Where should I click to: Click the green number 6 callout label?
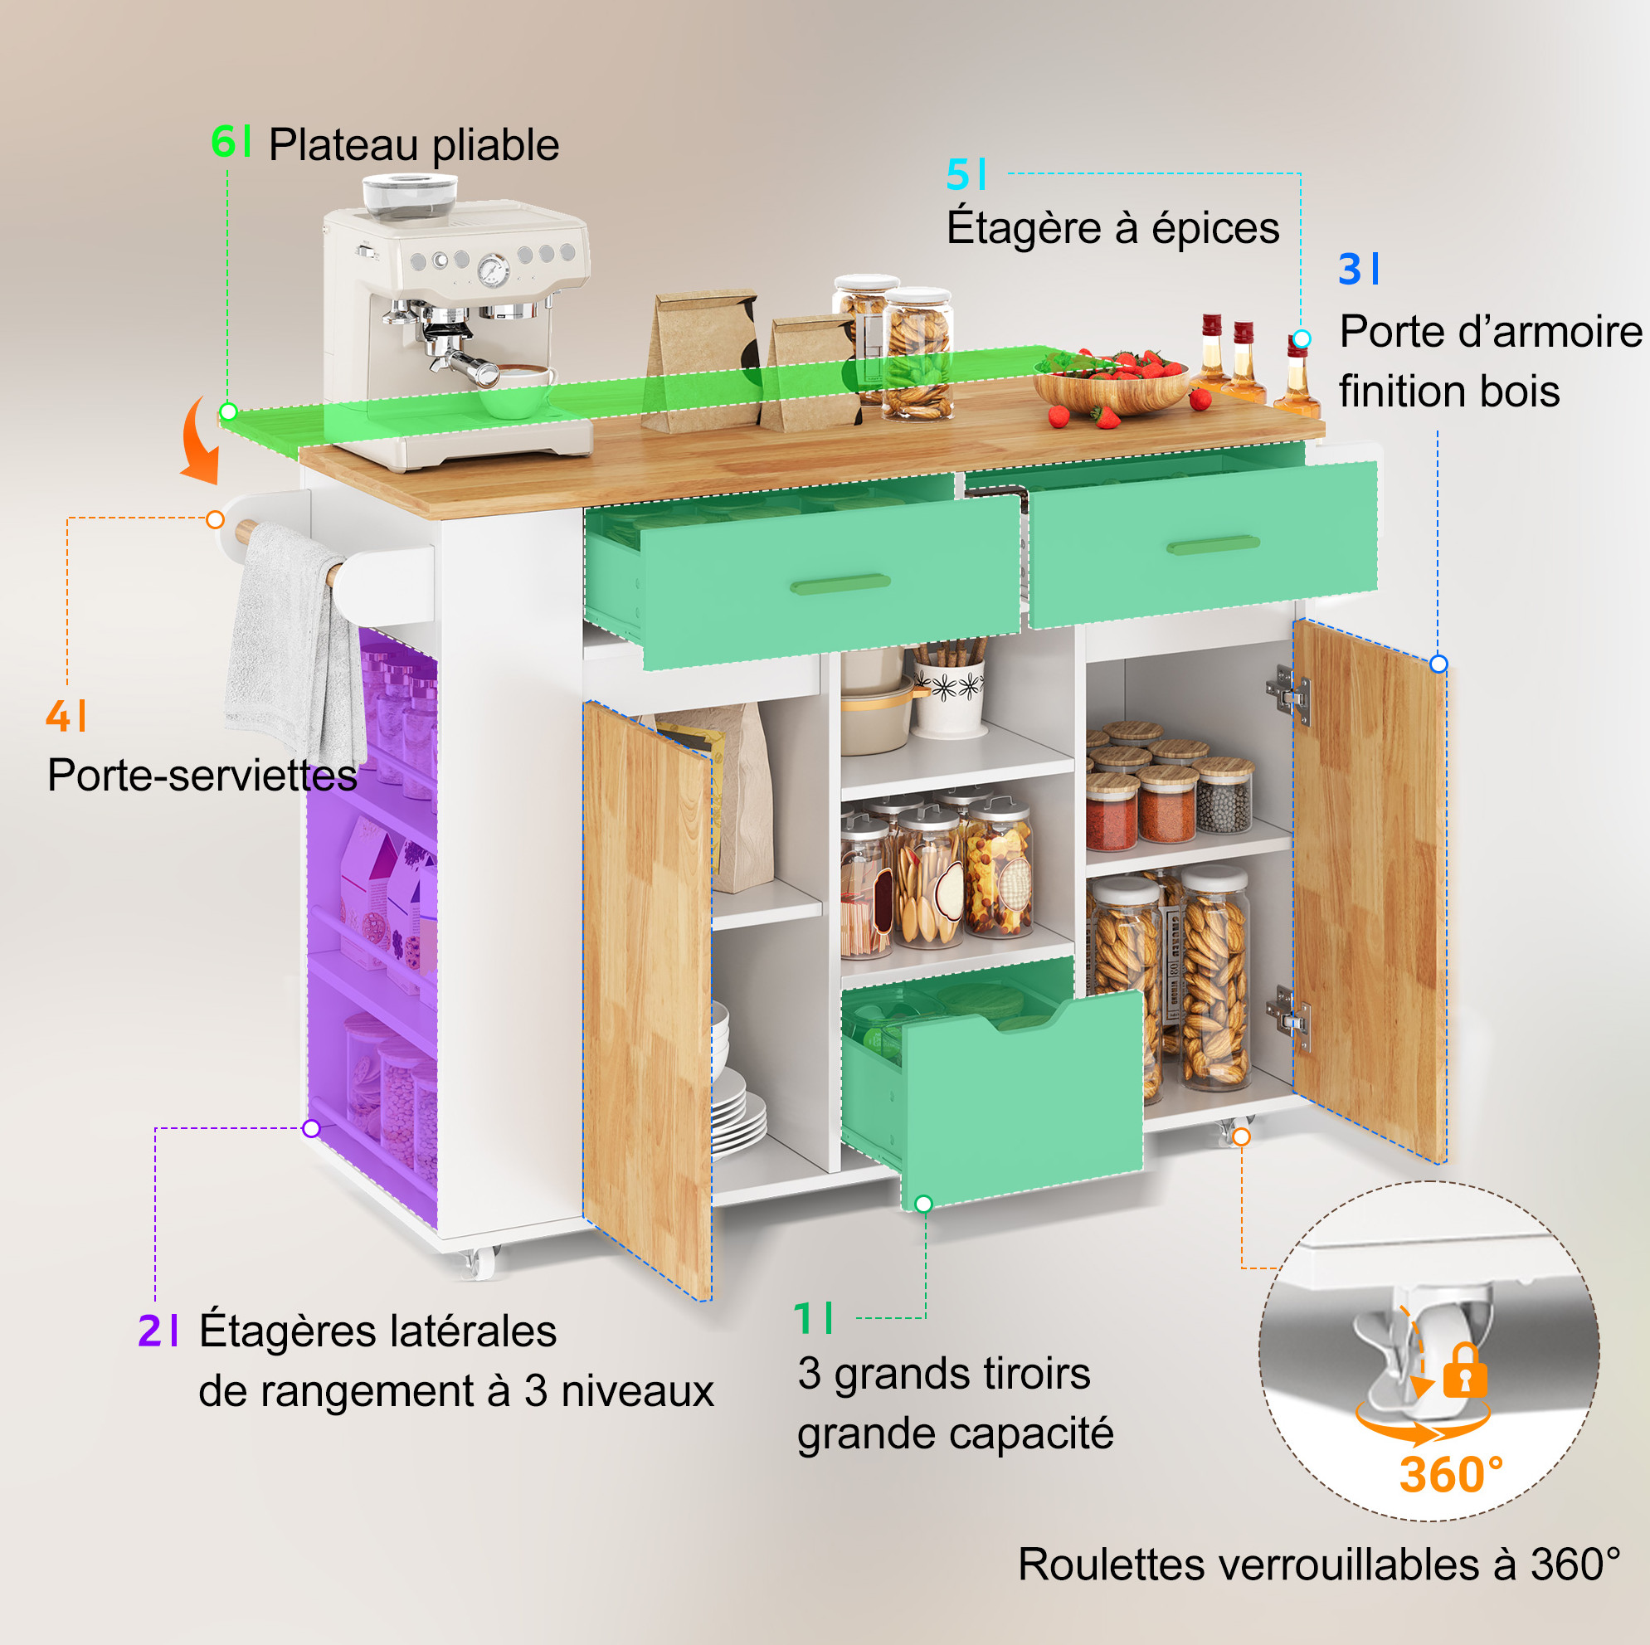tap(231, 141)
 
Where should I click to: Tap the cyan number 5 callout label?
tap(966, 174)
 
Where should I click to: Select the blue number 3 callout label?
tap(1359, 269)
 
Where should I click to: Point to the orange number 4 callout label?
tap(66, 716)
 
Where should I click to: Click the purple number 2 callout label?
tap(158, 1331)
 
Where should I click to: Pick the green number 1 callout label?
tap(812, 1319)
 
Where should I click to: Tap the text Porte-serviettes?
tap(202, 776)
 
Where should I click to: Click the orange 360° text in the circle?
tap(1451, 1475)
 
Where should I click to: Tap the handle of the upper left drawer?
tap(840, 583)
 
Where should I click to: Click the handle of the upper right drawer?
tap(1213, 544)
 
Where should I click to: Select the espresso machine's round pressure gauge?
tap(493, 270)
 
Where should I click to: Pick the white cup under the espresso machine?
tap(518, 388)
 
